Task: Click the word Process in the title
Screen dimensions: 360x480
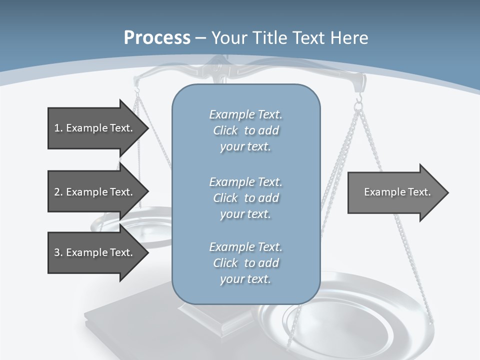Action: coord(157,38)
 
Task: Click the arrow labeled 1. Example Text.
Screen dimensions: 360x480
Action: coord(95,128)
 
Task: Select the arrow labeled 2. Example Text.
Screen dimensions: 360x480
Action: coord(95,192)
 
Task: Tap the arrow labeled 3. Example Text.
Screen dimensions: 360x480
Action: coord(95,252)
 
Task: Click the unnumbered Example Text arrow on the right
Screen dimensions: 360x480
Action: coord(395,192)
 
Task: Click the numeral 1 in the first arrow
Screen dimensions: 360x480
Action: coord(56,128)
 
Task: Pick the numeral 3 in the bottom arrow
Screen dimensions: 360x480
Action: coord(56,252)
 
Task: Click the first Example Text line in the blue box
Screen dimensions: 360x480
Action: coord(245,114)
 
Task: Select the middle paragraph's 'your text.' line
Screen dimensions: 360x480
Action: coord(245,213)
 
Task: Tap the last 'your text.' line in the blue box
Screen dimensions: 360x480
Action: coord(245,279)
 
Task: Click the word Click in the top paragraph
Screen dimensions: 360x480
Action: coord(225,130)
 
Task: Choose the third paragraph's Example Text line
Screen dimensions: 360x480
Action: coord(245,246)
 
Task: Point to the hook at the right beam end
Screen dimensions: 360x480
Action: coord(358,102)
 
